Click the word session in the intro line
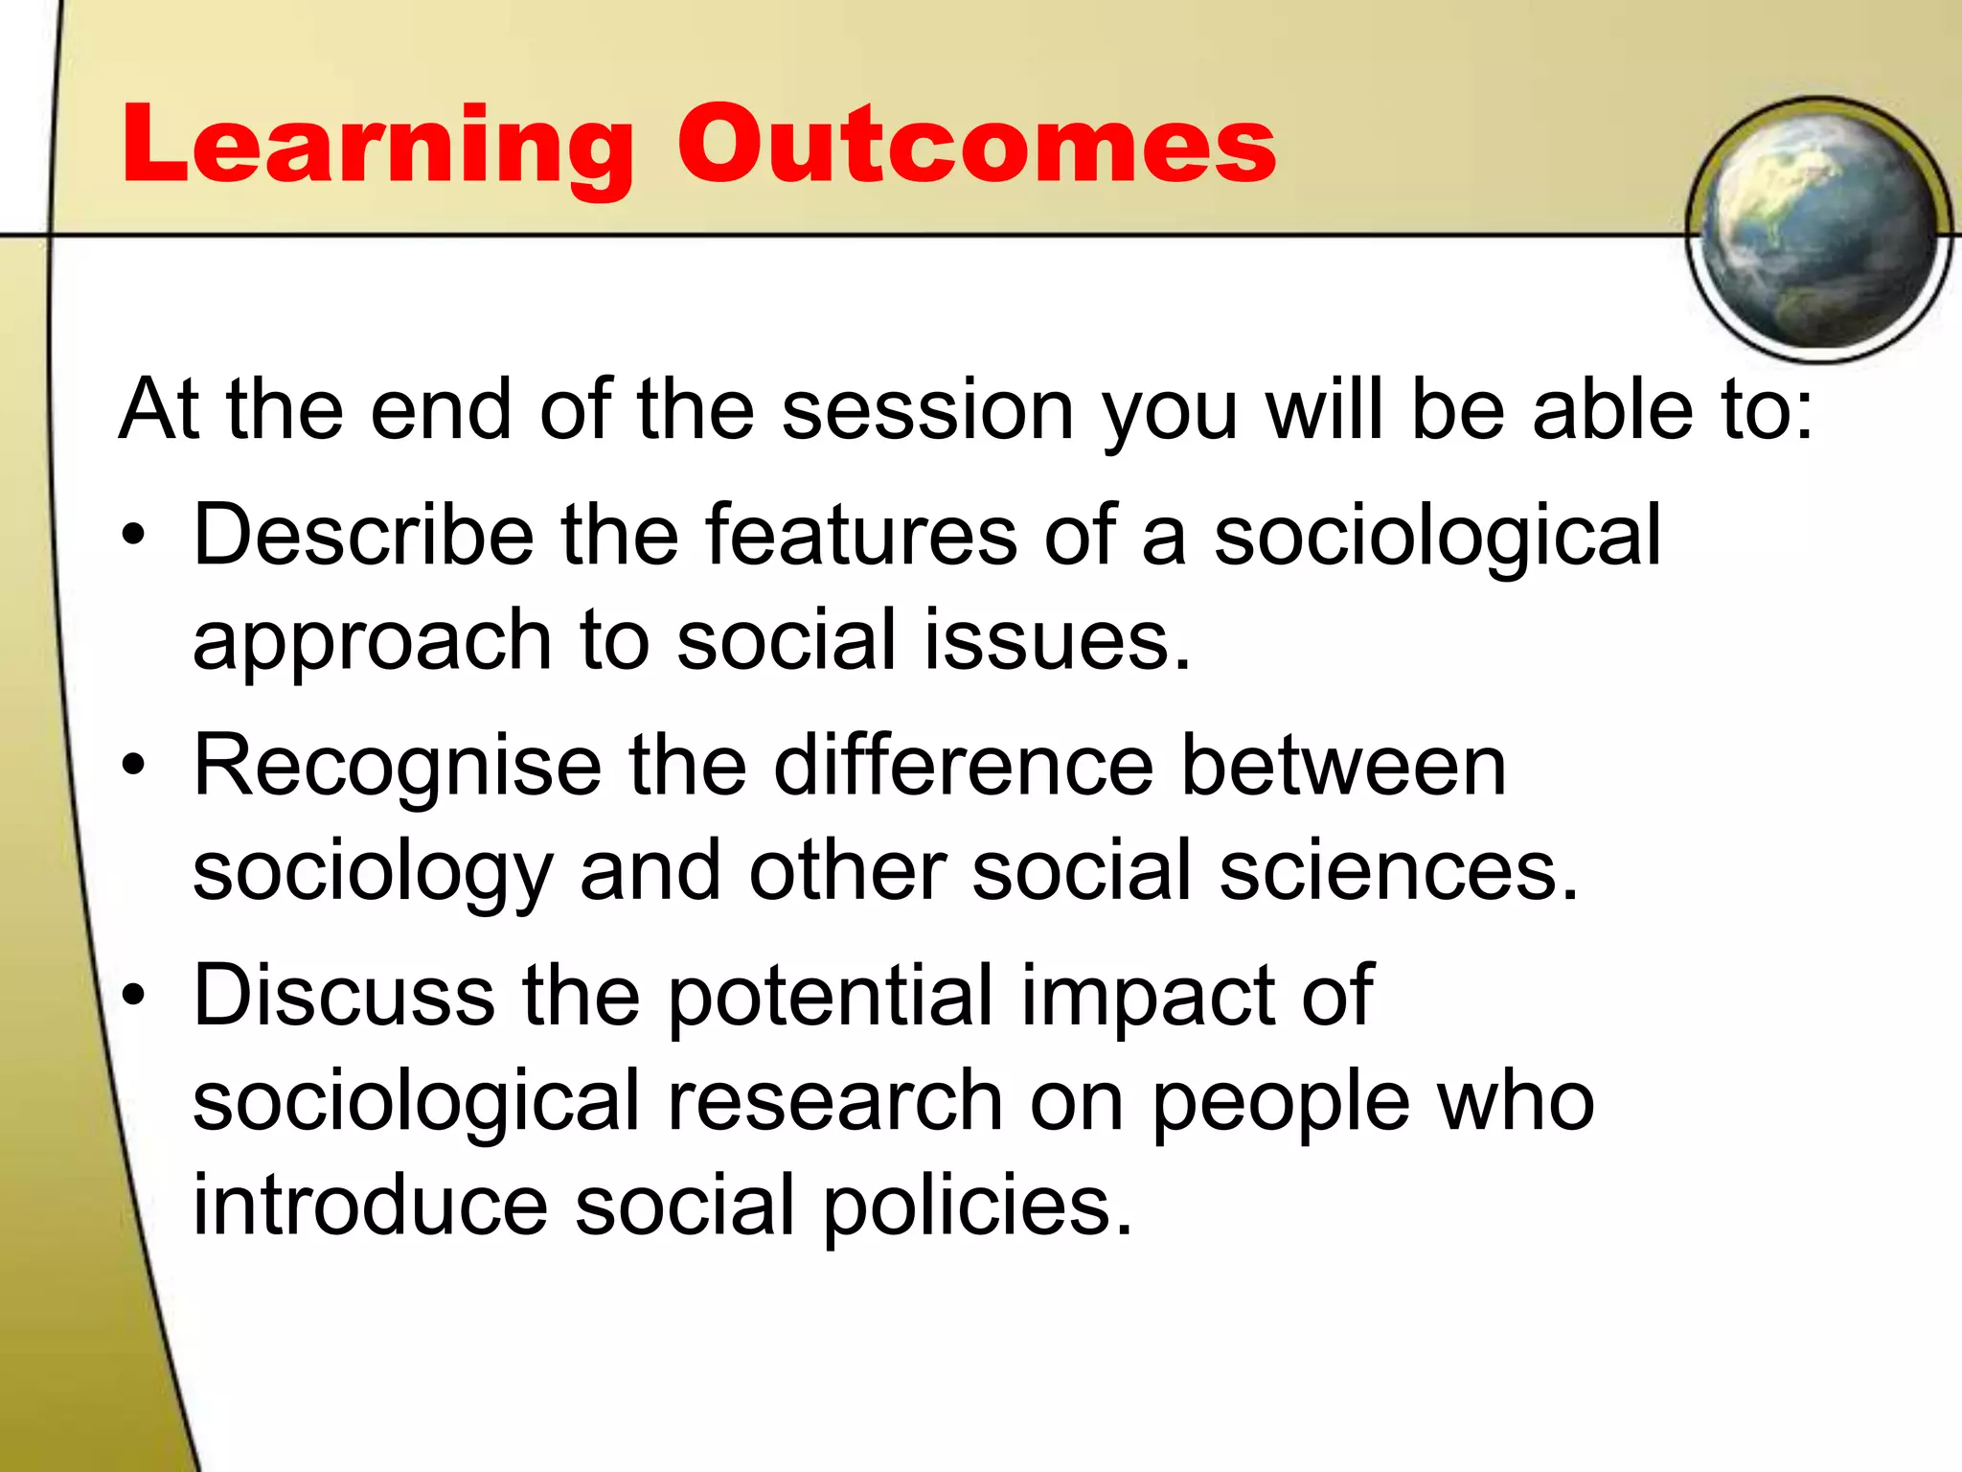click(x=926, y=410)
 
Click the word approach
click(x=372, y=642)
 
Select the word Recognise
click(x=398, y=766)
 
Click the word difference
click(x=963, y=766)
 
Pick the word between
click(x=1343, y=766)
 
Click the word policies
click(x=977, y=1206)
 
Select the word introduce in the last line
click(x=370, y=1206)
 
